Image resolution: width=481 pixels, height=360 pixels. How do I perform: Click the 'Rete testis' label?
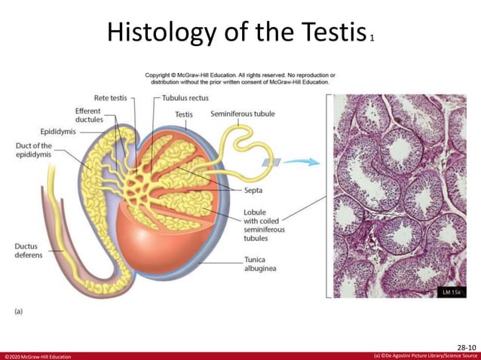[x=109, y=99]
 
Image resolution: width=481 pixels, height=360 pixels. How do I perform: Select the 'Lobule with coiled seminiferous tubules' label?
[x=263, y=225]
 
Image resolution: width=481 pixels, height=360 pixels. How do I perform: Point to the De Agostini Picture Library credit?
[x=426, y=355]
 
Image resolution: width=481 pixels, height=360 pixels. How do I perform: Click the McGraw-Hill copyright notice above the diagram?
[x=240, y=78]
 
